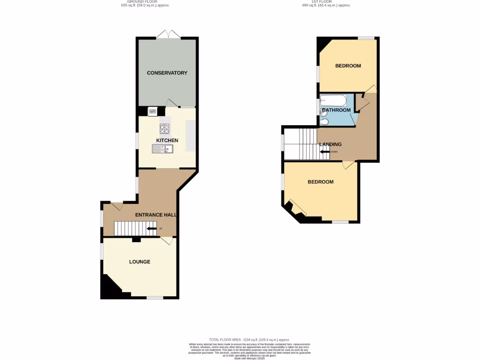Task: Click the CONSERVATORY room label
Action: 167,73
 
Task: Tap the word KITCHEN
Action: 167,141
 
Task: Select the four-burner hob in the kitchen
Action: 165,128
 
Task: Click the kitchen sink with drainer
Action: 162,149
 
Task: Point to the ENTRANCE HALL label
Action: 156,215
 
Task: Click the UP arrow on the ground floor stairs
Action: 152,228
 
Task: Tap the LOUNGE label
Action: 140,262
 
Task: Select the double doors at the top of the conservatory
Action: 168,34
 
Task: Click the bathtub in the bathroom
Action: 333,100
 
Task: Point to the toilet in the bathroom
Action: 324,121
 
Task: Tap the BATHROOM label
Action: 336,110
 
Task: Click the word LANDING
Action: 330,144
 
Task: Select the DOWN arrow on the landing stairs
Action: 325,151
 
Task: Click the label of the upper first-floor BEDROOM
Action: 348,66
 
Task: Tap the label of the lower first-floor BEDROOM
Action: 320,182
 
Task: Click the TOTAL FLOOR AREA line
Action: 249,339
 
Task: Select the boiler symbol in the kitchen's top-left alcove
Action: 152,111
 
